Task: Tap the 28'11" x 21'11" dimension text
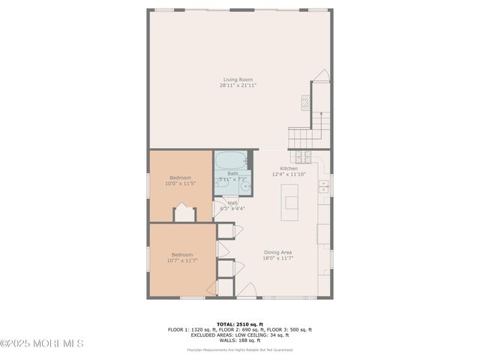(238, 85)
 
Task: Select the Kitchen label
(289, 169)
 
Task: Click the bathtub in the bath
(231, 160)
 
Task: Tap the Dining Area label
(277, 253)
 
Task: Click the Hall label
(232, 203)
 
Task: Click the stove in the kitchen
(302, 157)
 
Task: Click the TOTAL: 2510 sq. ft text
(240, 324)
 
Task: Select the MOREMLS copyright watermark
(42, 343)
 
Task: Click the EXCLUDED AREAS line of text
(240, 334)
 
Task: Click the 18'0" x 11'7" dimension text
(277, 259)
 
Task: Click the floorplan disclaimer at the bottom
(240, 349)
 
